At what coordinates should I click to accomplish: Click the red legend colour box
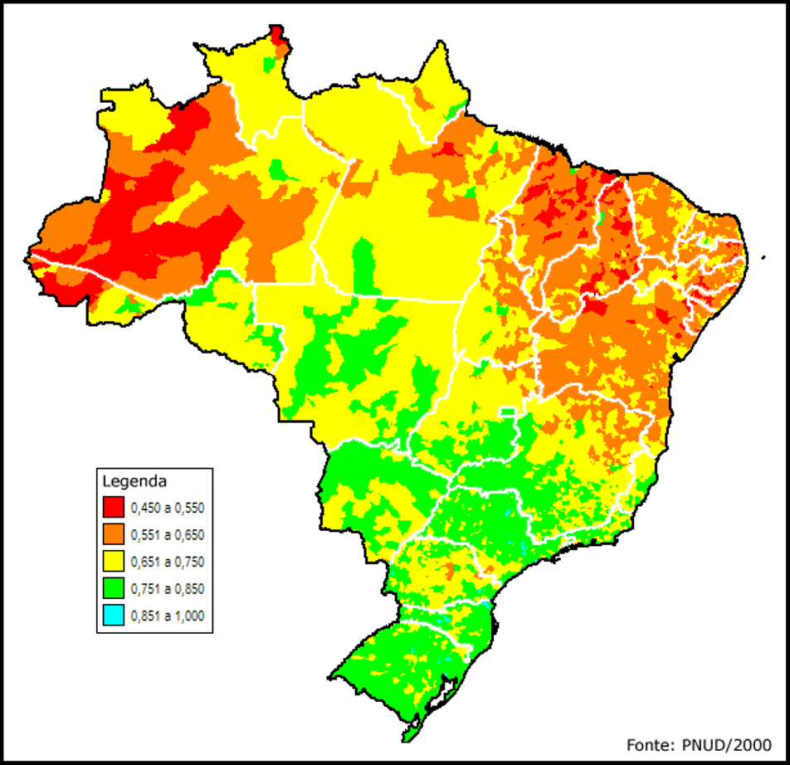(x=114, y=506)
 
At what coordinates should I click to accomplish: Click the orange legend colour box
(x=114, y=534)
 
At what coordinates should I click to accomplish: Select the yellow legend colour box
(x=114, y=562)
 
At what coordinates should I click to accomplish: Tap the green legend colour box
(x=114, y=589)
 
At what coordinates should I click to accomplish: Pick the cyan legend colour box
(x=114, y=616)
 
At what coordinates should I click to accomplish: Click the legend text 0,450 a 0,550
(x=167, y=506)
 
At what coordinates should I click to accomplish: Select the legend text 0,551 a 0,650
(x=167, y=534)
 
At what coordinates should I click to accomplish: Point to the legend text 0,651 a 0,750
(x=167, y=562)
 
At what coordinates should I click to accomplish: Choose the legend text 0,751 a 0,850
(x=167, y=589)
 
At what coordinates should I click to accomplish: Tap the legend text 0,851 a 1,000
(x=167, y=616)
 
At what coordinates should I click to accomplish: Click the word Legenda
(x=135, y=480)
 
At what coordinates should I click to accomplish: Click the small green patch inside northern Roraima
(x=268, y=63)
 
